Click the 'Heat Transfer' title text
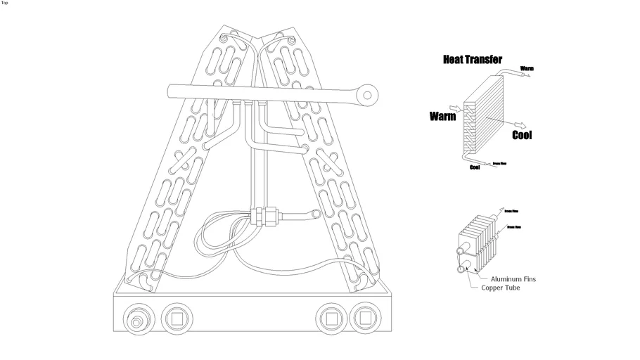tap(472, 60)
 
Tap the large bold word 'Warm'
tap(442, 117)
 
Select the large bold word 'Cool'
tap(522, 134)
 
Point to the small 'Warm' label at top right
tap(527, 68)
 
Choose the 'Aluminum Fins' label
tap(513, 279)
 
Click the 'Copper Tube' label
tap(501, 288)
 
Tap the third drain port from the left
tap(329, 318)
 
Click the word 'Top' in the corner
tap(5, 3)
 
